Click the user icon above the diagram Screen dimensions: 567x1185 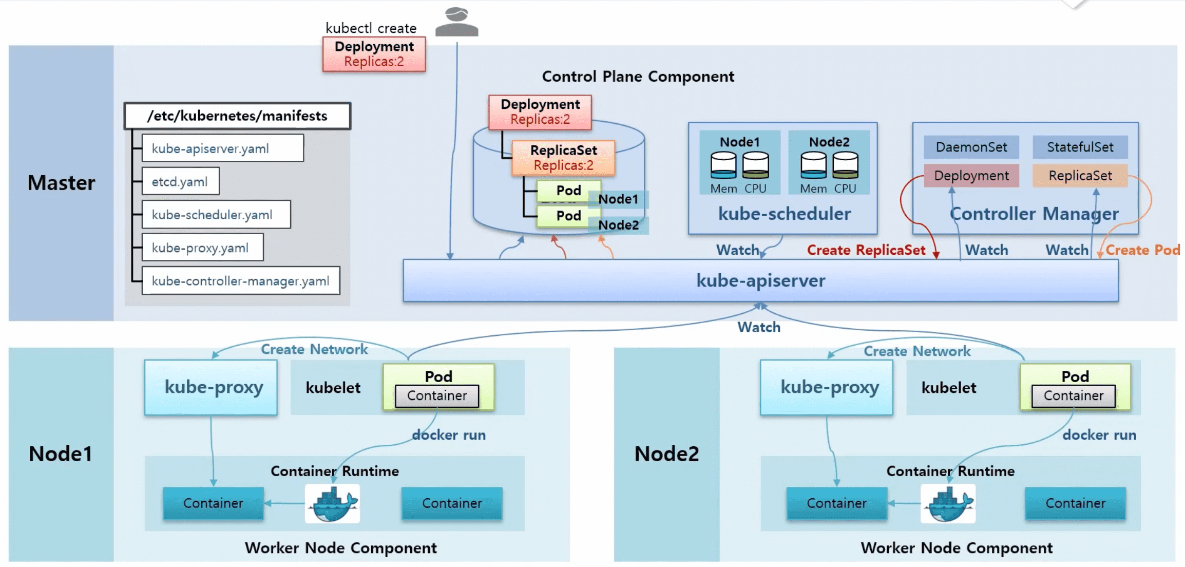(456, 22)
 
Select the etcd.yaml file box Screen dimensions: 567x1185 (180, 181)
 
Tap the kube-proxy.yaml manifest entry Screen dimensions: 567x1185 (202, 248)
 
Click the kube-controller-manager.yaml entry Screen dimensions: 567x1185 (240, 281)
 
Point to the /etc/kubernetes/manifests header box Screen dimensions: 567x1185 (237, 116)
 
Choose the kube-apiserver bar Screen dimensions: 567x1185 (760, 280)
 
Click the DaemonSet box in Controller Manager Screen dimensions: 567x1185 (971, 147)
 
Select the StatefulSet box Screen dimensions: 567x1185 (1080, 147)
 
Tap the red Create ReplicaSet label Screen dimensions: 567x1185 (866, 250)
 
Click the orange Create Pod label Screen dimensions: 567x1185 (1142, 250)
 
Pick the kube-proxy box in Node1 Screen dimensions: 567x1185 (211, 387)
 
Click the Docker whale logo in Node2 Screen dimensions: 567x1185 (948, 504)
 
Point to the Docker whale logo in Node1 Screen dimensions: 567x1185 (332, 504)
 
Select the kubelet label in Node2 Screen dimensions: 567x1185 (948, 388)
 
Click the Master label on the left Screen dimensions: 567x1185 (61, 183)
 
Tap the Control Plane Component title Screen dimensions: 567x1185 (638, 77)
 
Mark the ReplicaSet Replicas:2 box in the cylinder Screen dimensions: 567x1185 (563, 158)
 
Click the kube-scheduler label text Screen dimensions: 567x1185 (784, 214)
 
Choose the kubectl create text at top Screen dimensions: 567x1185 (371, 28)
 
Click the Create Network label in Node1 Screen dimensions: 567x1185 (314, 349)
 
